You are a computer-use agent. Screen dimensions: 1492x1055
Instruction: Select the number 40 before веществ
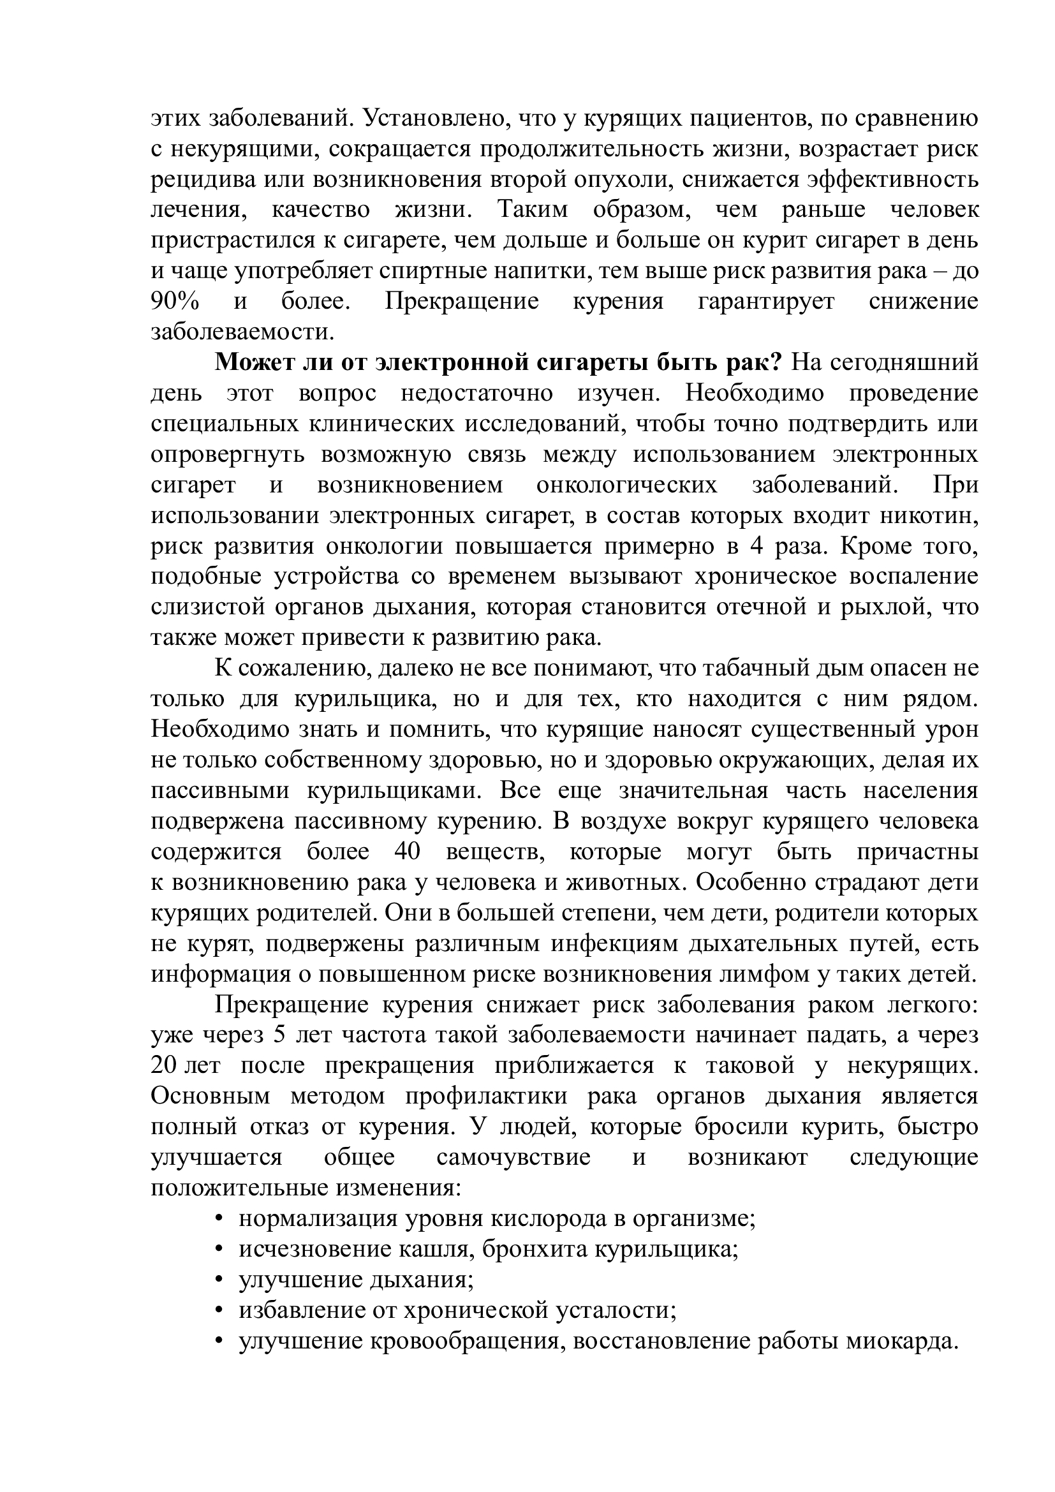408,853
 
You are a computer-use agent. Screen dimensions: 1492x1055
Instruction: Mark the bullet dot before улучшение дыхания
219,1281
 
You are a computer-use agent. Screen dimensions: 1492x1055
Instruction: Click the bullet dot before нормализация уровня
219,1220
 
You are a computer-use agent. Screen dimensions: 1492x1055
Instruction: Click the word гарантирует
765,302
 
